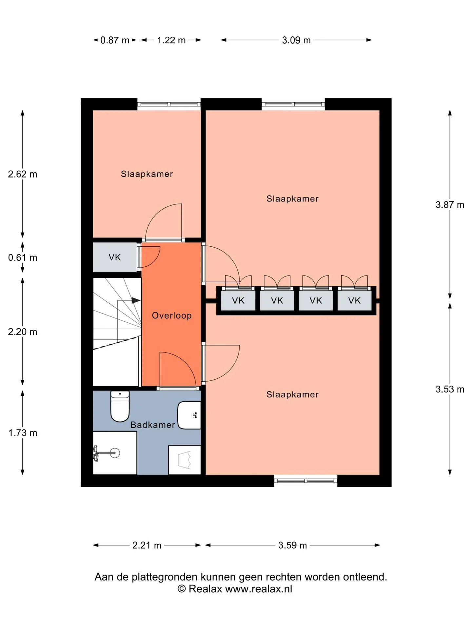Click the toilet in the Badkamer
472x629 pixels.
[x=120, y=406]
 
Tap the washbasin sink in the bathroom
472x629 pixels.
[x=189, y=415]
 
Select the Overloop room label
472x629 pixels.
[x=172, y=315]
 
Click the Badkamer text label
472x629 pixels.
[x=153, y=425]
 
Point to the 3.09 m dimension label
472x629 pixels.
[x=296, y=40]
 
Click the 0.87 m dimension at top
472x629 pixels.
[x=115, y=40]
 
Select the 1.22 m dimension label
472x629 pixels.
[x=171, y=40]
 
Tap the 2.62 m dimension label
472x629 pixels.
[x=23, y=174]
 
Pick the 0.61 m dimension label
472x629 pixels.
[x=23, y=257]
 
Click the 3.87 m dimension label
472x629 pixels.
[x=450, y=205]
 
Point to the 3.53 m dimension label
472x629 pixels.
[x=450, y=389]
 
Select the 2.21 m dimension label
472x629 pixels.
[x=147, y=545]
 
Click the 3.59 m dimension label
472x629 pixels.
[x=293, y=545]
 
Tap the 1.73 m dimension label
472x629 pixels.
[x=23, y=433]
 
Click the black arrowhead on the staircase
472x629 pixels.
[x=136, y=300]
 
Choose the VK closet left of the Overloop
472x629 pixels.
[x=115, y=257]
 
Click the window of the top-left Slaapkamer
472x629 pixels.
[x=169, y=104]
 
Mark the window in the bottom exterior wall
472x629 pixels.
[x=305, y=481]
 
